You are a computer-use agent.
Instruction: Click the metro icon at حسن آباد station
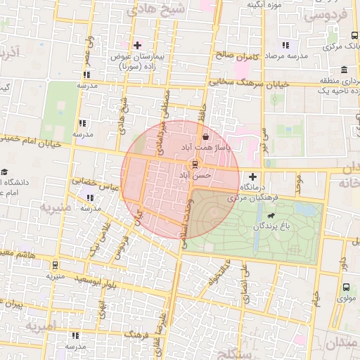point(195,163)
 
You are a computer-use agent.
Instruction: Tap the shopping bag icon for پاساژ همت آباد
point(205,137)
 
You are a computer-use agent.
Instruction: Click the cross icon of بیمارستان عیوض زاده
point(137,45)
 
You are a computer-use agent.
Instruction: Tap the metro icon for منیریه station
point(56,265)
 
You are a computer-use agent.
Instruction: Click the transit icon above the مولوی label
point(345,287)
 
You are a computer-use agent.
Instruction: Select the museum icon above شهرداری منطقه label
point(344,70)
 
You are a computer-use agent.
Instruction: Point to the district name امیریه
point(41,327)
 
